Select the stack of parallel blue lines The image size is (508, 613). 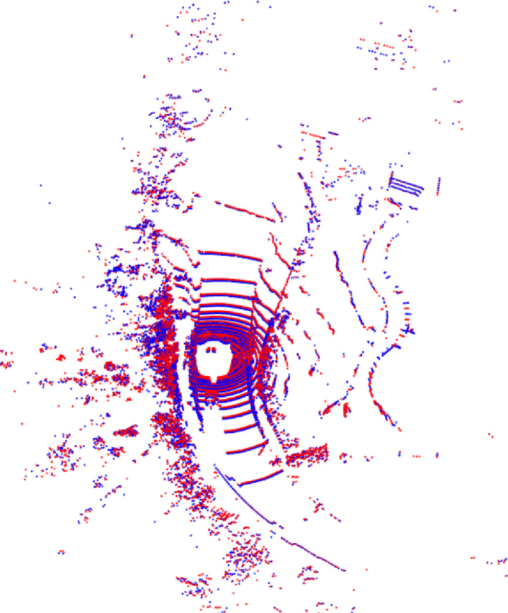click(x=406, y=186)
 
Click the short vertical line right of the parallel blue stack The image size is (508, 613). click(x=438, y=186)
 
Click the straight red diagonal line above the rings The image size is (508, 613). click(x=246, y=210)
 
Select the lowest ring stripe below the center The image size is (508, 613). click(x=260, y=476)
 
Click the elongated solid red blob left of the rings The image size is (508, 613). click(x=127, y=431)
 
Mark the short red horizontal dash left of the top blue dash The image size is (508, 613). click(x=312, y=133)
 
